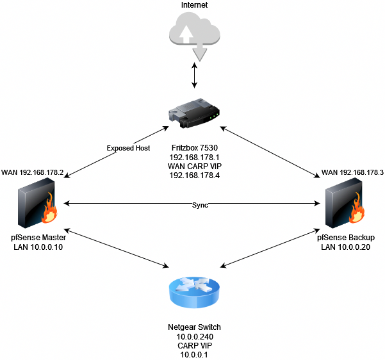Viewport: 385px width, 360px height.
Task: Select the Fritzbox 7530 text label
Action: (192, 147)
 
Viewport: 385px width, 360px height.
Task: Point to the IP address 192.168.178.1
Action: (192, 156)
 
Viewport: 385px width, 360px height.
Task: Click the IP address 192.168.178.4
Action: (192, 176)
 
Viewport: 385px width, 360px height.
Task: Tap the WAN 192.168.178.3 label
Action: (352, 172)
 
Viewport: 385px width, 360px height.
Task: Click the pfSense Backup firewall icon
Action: (346, 206)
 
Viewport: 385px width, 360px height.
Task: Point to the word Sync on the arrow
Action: (201, 204)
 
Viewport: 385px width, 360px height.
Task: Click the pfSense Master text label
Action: (38, 238)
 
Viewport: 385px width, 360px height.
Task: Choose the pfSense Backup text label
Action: (346, 238)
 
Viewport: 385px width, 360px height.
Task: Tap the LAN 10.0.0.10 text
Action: (38, 247)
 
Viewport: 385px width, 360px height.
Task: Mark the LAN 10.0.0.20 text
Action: (346, 247)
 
